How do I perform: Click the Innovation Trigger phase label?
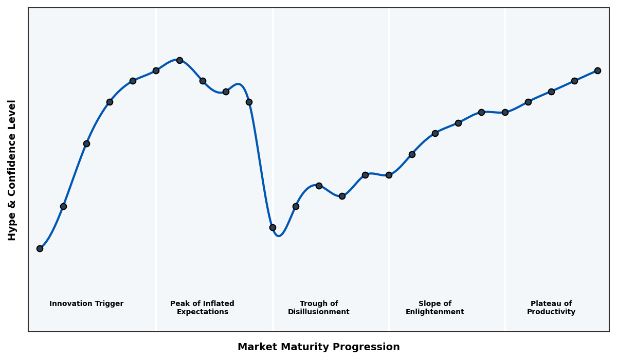click(86, 304)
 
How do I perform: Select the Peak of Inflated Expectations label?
click(202, 308)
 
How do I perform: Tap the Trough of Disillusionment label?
click(319, 308)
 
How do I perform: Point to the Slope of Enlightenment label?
click(435, 308)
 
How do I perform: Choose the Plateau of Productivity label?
click(551, 308)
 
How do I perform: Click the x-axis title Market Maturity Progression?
click(319, 347)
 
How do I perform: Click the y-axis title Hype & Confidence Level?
click(12, 170)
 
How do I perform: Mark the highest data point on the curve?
click(179, 60)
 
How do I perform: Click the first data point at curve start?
click(40, 248)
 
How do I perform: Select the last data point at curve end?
click(597, 70)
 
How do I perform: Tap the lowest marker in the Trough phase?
click(273, 227)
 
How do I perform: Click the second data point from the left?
click(63, 206)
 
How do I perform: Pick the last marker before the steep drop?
click(249, 102)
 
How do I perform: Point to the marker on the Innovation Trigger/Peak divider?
click(156, 70)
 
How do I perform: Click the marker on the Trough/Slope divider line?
click(389, 175)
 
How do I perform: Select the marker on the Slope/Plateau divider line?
click(505, 112)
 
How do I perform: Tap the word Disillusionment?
click(319, 312)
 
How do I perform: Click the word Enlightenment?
click(435, 312)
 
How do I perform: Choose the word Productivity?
click(551, 312)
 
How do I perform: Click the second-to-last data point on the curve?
click(574, 81)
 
